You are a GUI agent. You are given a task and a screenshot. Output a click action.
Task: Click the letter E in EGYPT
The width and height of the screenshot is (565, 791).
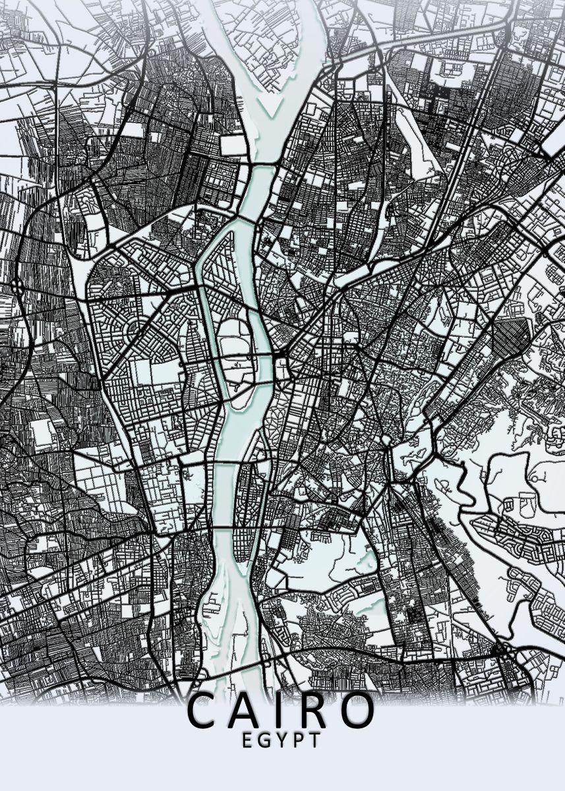click(247, 740)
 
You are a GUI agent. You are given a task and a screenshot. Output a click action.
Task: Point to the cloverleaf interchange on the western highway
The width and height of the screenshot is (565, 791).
click(16, 287)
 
